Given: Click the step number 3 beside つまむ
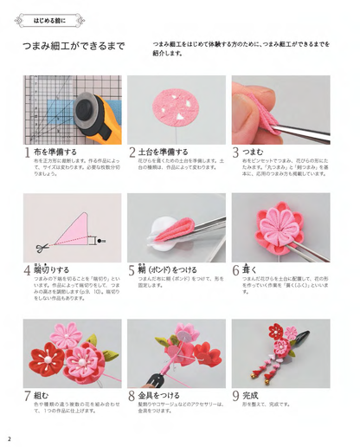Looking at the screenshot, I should [x=235, y=152].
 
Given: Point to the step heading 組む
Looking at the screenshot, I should [x=42, y=395].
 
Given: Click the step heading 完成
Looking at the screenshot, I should [x=254, y=395].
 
